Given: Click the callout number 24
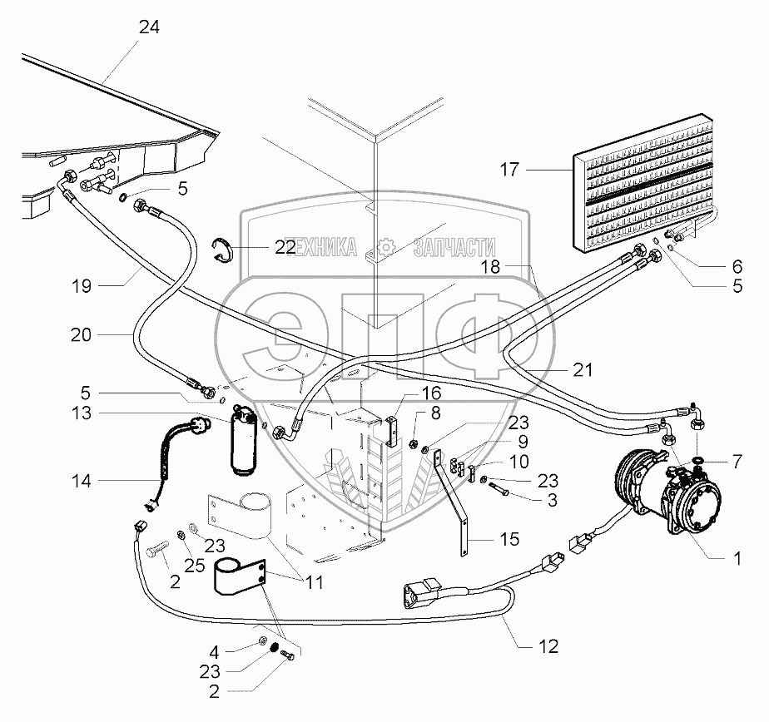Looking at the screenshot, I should [x=149, y=27].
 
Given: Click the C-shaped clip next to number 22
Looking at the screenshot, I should [x=221, y=248].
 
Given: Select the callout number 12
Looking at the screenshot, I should [x=549, y=645].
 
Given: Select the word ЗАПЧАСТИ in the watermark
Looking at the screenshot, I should [x=454, y=247].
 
